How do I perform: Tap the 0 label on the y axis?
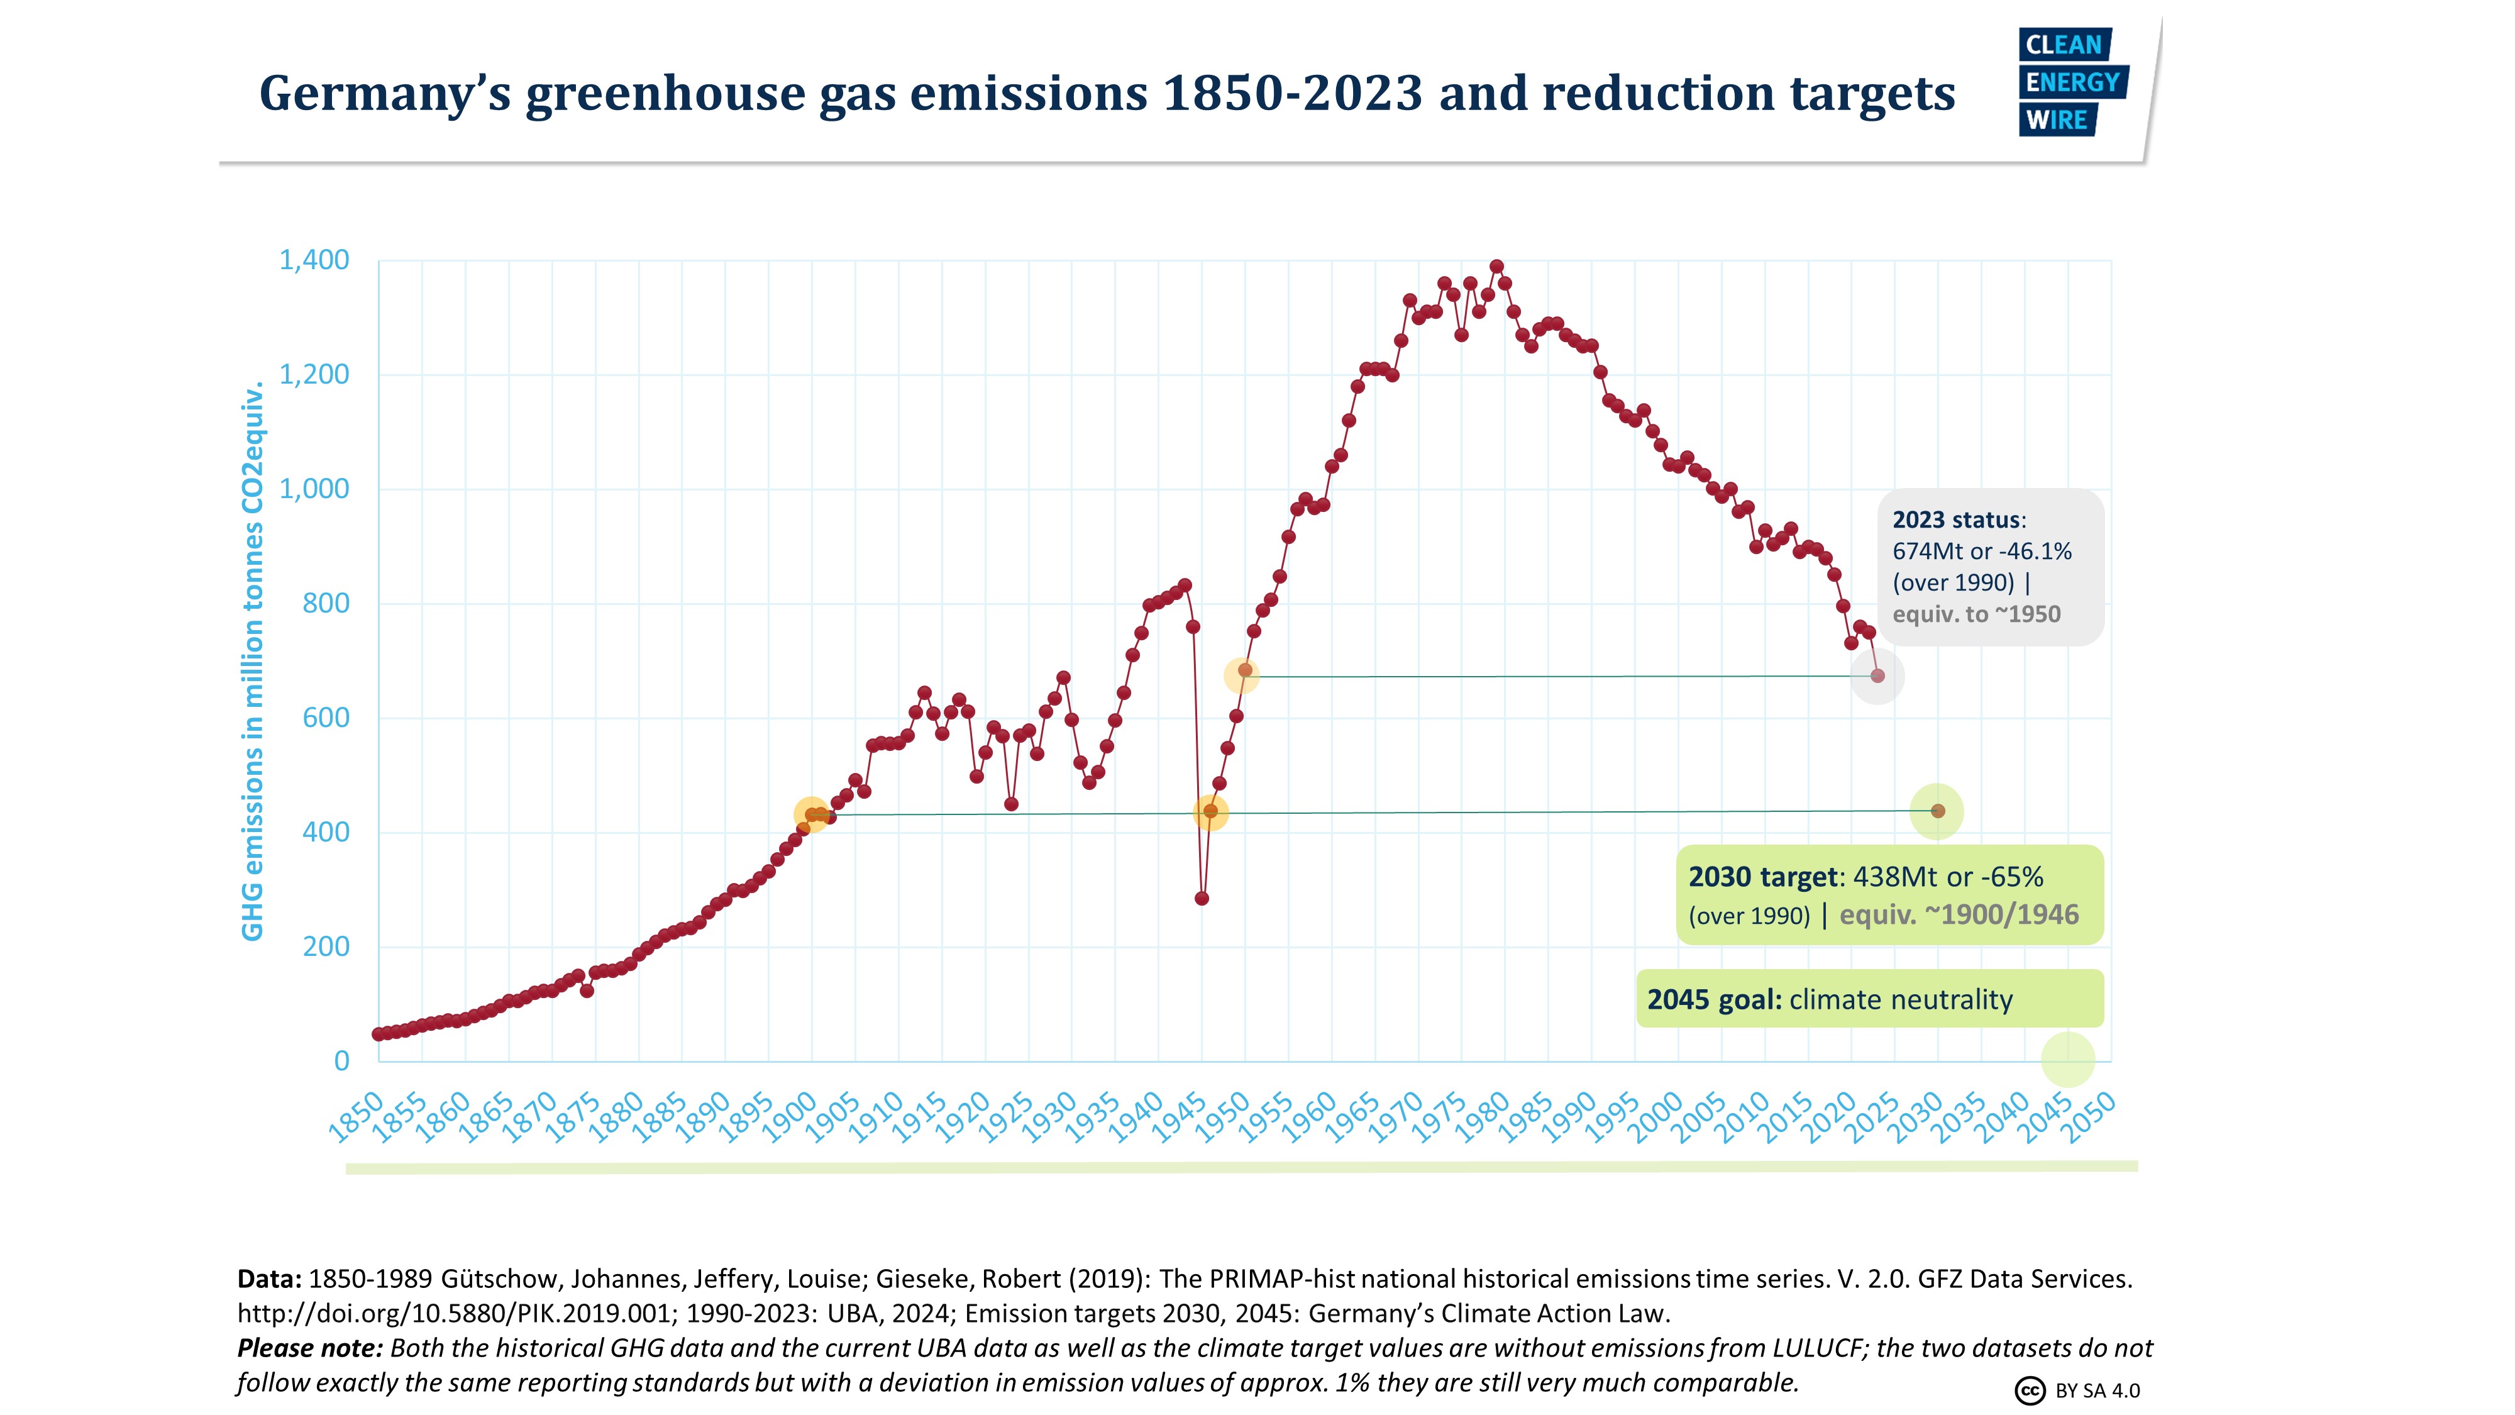[x=341, y=1060]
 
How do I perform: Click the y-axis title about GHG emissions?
[x=253, y=661]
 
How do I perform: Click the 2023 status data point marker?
[x=1876, y=676]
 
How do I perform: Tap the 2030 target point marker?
[x=1938, y=811]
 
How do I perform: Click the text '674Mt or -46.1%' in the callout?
[x=1981, y=552]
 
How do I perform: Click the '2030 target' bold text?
[x=1762, y=877]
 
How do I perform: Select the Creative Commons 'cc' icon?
[x=2030, y=1390]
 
